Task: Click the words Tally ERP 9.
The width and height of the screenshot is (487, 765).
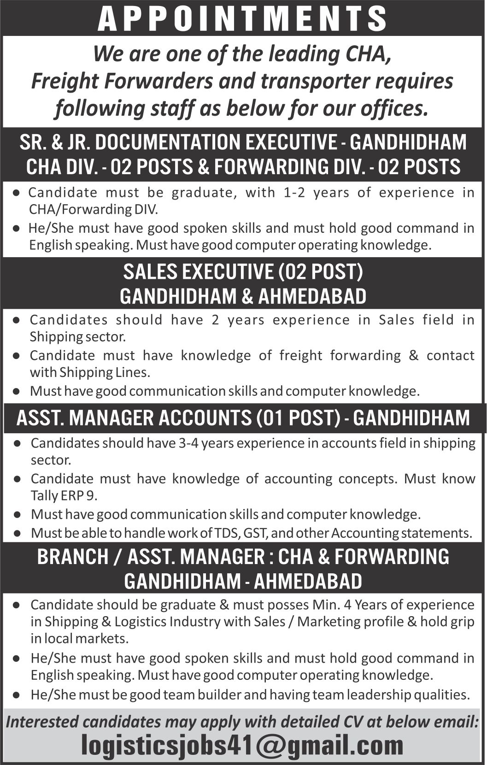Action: tap(64, 495)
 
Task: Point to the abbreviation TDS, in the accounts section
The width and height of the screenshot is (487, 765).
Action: tap(226, 533)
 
